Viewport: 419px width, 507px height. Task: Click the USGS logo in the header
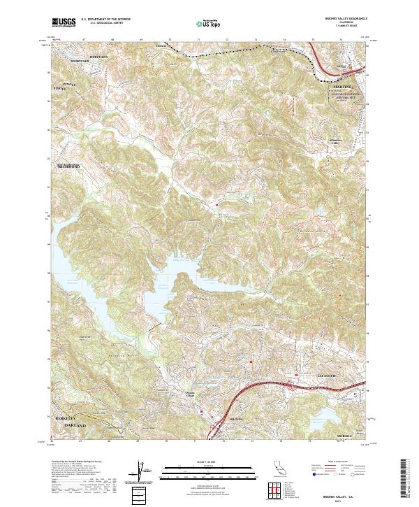coord(63,22)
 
